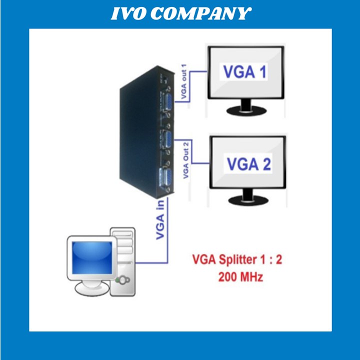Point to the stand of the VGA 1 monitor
(x=246, y=107)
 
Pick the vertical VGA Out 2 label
(x=186, y=160)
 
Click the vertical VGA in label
(x=161, y=220)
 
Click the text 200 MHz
(x=240, y=277)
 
